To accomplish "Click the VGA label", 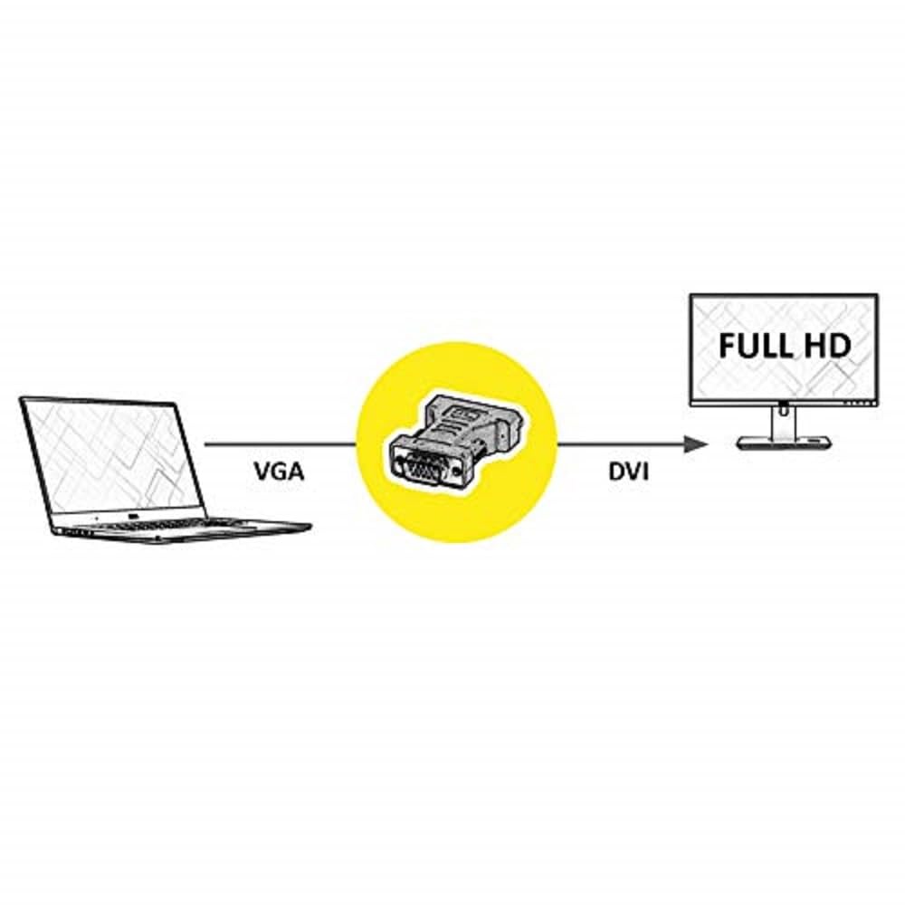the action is (279, 472).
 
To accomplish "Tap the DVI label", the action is (629, 472).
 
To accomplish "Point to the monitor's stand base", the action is (785, 443).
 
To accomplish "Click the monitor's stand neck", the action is (783, 421).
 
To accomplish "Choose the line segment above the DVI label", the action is (621, 444).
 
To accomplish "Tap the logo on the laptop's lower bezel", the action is (133, 516).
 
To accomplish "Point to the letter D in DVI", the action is (616, 472).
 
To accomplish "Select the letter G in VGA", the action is (279, 472).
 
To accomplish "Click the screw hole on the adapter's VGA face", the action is (458, 472).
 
